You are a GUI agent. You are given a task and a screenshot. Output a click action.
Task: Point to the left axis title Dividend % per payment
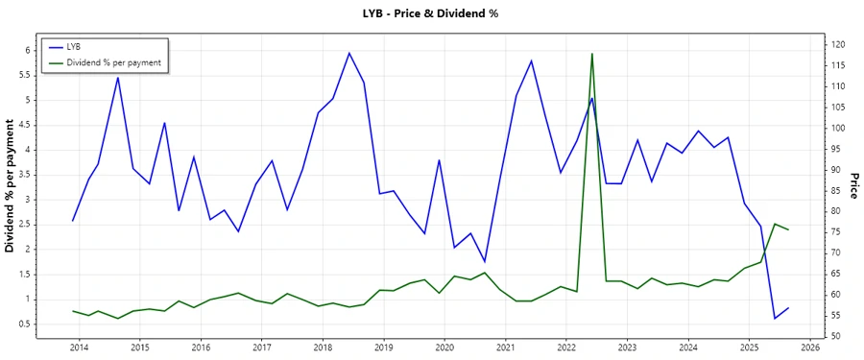click(11, 186)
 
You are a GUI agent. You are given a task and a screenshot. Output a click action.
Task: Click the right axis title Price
click(853, 186)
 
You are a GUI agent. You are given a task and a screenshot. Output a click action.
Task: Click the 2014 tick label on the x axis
click(79, 347)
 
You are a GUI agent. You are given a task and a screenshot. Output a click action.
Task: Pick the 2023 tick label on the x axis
click(627, 347)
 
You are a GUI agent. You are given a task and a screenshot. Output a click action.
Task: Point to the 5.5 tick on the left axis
click(25, 75)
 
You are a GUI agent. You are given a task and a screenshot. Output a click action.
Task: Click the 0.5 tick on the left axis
click(25, 324)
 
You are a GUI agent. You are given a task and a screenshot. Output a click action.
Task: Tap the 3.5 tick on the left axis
click(25, 175)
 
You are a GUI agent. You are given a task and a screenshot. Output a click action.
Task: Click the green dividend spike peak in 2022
click(592, 54)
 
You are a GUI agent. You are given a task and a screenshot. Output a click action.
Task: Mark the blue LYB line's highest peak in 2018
click(348, 53)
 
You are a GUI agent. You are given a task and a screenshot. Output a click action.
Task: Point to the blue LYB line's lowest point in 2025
click(775, 318)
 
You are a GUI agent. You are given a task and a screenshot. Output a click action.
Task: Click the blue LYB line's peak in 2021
click(531, 60)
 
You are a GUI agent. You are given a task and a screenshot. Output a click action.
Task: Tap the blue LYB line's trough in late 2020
click(485, 261)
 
